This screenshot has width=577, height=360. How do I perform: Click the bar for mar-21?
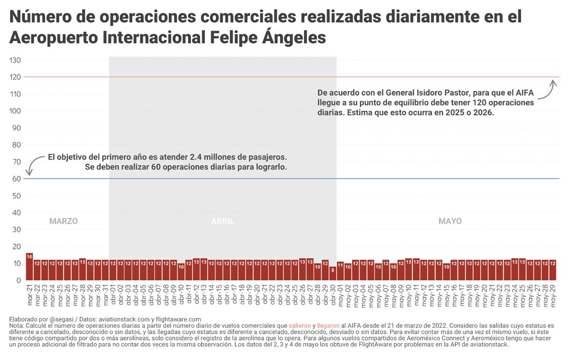(x=29, y=267)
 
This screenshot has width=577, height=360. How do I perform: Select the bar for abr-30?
(x=333, y=273)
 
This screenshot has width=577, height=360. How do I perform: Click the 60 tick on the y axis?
(x=16, y=179)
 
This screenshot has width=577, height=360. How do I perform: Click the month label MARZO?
(x=63, y=222)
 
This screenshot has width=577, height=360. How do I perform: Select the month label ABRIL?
(x=223, y=222)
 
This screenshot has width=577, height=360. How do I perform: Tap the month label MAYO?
(x=450, y=222)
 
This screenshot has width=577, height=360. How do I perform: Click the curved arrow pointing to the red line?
(x=548, y=91)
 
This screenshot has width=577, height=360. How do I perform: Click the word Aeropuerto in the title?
(x=53, y=37)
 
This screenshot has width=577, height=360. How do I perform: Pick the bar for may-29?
(x=553, y=270)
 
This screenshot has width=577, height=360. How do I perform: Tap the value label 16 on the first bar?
(x=29, y=257)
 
